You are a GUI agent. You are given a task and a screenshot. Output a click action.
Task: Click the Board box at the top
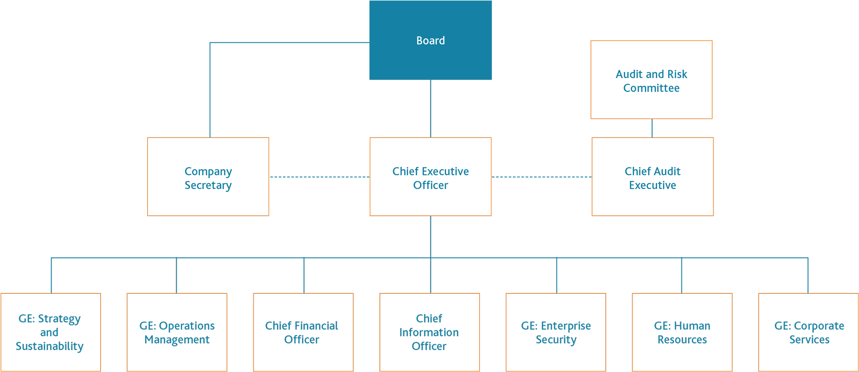point(430,40)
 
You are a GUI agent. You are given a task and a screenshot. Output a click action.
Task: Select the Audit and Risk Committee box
point(651,80)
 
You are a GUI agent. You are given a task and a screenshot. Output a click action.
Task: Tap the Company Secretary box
point(208,177)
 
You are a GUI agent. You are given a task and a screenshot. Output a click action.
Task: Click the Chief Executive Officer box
point(430,177)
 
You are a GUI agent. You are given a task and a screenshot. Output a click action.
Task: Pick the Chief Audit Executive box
point(652,177)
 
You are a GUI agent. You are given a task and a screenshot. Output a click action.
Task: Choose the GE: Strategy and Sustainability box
point(50,332)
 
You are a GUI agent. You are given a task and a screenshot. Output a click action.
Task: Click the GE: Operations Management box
point(177,332)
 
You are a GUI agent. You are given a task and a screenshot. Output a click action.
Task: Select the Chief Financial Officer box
point(303,332)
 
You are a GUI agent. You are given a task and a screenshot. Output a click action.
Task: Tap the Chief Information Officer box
point(429,332)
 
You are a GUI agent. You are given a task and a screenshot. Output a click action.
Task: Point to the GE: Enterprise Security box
point(556,332)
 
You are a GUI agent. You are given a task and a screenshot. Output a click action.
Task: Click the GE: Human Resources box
point(682,332)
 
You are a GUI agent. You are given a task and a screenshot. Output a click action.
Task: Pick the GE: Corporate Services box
point(808,332)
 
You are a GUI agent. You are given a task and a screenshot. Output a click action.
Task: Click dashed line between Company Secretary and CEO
point(319,177)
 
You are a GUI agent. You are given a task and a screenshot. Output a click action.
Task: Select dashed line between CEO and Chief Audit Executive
point(541,177)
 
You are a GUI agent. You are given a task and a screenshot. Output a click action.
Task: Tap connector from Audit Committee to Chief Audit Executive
point(652,128)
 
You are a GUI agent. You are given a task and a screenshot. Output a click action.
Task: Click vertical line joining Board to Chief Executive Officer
point(430,109)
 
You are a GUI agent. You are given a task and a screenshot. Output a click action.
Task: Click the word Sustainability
point(50,347)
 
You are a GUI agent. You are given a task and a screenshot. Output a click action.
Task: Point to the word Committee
point(651,88)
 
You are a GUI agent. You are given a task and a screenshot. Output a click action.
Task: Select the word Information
point(429,333)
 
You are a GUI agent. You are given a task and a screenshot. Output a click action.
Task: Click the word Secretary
point(208,185)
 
